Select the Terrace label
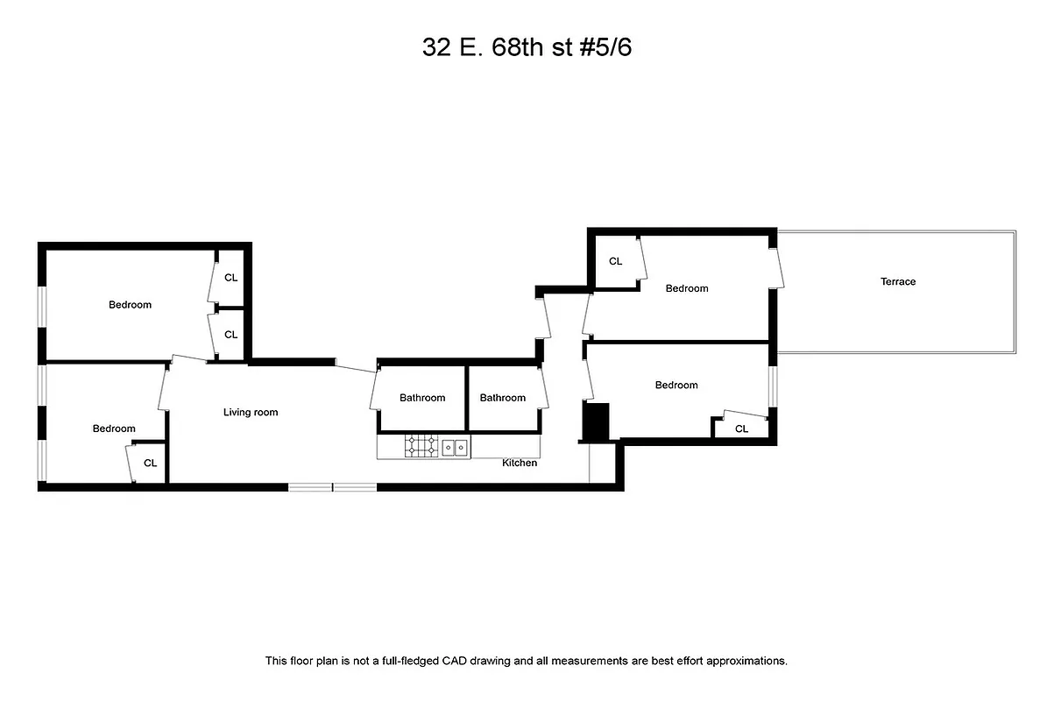point(898,282)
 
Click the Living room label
point(251,412)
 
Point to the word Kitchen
point(520,463)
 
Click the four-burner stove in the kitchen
point(421,447)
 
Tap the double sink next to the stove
point(455,447)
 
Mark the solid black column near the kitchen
point(596,421)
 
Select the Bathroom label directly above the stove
point(422,398)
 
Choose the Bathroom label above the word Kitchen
point(503,398)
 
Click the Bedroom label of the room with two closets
point(130,305)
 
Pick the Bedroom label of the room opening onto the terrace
point(687,288)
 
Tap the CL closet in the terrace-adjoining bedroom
point(615,261)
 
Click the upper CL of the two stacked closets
point(231,278)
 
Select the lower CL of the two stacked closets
point(231,335)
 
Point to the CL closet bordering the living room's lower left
point(150,463)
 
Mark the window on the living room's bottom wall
point(333,486)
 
